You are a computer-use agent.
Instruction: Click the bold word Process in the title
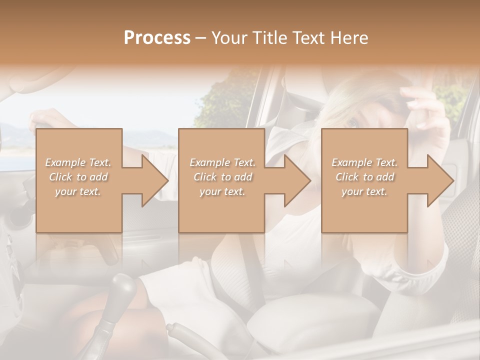157,37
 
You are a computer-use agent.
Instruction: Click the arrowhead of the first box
154,180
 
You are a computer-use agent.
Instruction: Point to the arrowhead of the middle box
297,180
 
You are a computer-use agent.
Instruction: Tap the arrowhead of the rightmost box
440,180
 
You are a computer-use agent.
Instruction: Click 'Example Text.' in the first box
78,162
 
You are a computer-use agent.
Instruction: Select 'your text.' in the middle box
222,191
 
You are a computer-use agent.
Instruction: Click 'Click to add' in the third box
364,177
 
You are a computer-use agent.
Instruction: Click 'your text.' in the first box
78,191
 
